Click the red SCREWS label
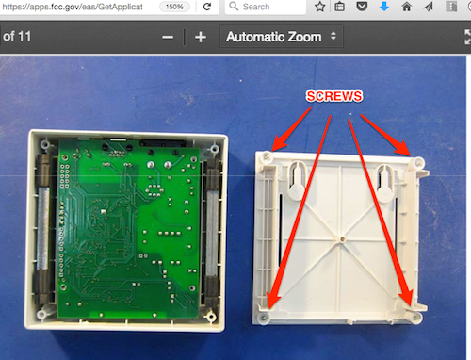pos(334,96)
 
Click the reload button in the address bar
pos(207,7)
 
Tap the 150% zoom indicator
pos(174,7)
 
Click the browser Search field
pos(266,7)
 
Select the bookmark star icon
pos(319,7)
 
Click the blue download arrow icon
pos(384,7)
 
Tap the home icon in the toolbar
pos(406,7)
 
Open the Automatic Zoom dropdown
pos(282,37)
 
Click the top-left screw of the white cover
pos(267,156)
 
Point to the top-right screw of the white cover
pos(418,163)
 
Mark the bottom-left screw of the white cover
pos(264,319)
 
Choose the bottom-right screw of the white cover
pos(416,318)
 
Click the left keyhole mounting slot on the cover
pos(297,180)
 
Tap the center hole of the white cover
pos(342,239)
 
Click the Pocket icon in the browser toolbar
pos(362,7)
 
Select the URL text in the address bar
pos(72,7)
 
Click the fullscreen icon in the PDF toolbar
pos(467,37)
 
